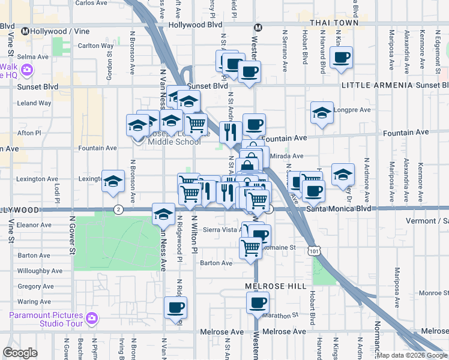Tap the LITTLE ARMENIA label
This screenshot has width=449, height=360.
pyautogui.click(x=377, y=86)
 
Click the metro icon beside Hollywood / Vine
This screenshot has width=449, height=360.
pyautogui.click(x=26, y=31)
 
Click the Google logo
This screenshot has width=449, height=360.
pyautogui.click(x=20, y=353)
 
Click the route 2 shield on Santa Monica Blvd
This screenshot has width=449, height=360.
pyautogui.click(x=118, y=209)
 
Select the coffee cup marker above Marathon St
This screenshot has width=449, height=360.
pyautogui.click(x=258, y=303)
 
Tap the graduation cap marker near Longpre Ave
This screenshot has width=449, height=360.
pyautogui.click(x=322, y=112)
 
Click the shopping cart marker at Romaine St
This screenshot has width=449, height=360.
pyautogui.click(x=250, y=247)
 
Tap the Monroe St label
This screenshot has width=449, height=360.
pyautogui.click(x=432, y=293)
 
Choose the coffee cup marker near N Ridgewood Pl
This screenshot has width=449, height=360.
pyautogui.click(x=175, y=308)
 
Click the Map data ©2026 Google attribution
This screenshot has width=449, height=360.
pyautogui.click(x=411, y=355)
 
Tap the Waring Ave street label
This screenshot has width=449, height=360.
pyautogui.click(x=34, y=302)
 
